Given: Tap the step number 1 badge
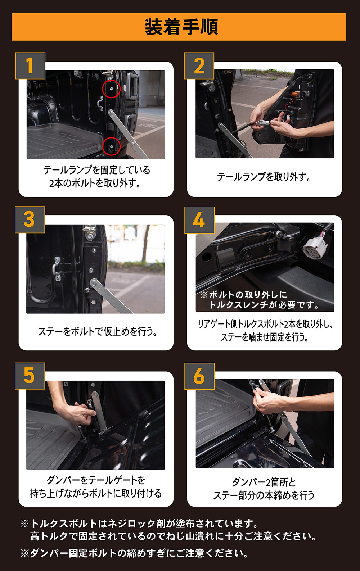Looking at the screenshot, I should (x=30, y=66).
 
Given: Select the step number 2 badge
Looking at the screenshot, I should (x=199, y=66).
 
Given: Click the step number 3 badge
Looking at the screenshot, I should (x=30, y=219).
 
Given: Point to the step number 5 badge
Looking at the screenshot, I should (x=30, y=376).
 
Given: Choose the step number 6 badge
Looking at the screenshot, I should (x=199, y=376).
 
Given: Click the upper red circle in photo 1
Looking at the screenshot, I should (x=111, y=89).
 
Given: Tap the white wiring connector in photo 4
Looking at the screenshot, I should (x=315, y=247).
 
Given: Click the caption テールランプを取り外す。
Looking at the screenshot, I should (x=264, y=177).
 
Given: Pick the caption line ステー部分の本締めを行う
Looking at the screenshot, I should (x=264, y=495).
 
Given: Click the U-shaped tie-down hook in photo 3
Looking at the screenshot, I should (x=58, y=268).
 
